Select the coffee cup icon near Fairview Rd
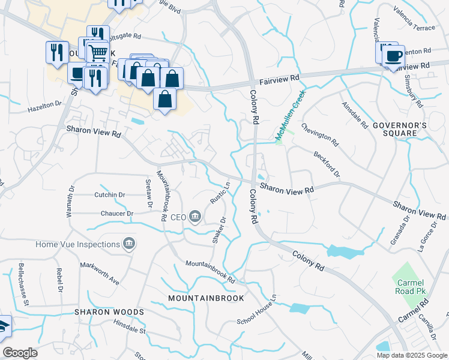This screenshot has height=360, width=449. click(393, 56)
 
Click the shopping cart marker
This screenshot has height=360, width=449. click(98, 52)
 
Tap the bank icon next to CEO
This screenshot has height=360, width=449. click(195, 217)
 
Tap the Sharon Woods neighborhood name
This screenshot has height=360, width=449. click(109, 312)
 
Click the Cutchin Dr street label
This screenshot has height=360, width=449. click(109, 194)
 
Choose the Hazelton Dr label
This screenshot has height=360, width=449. click(44, 107)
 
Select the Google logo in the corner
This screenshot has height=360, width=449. click(20, 353)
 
